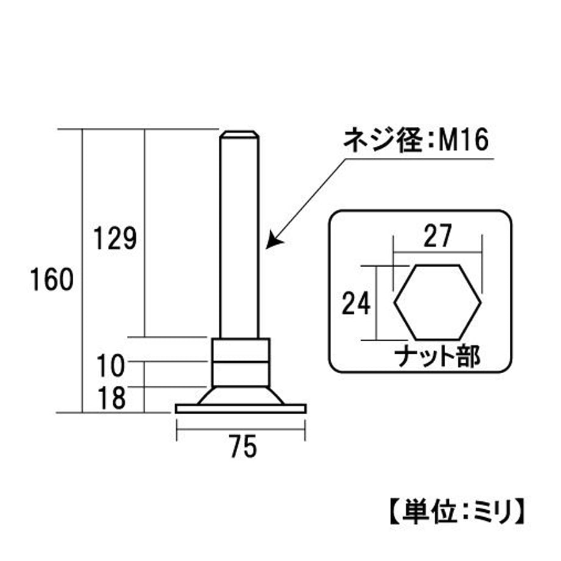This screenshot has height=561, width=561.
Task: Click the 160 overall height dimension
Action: click(52, 279)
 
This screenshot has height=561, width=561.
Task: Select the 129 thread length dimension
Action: click(115, 238)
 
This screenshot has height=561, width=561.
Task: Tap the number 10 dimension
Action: click(110, 366)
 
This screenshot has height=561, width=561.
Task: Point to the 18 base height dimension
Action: click(112, 398)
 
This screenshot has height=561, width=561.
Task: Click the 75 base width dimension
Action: click(243, 446)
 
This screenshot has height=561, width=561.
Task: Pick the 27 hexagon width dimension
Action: click(438, 236)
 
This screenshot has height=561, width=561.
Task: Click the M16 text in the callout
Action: click(463, 140)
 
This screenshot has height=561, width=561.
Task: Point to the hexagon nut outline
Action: click(394, 302)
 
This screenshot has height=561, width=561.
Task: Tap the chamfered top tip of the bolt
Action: click(240, 134)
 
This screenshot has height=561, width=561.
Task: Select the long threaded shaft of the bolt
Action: click(240, 238)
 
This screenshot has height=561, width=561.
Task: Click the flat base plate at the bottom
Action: click(241, 409)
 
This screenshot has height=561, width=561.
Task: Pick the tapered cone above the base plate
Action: click(241, 396)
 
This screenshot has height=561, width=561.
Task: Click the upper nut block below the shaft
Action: click(241, 350)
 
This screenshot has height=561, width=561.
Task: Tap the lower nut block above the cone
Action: click(241, 374)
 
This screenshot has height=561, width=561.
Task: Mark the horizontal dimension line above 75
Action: click(241, 429)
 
